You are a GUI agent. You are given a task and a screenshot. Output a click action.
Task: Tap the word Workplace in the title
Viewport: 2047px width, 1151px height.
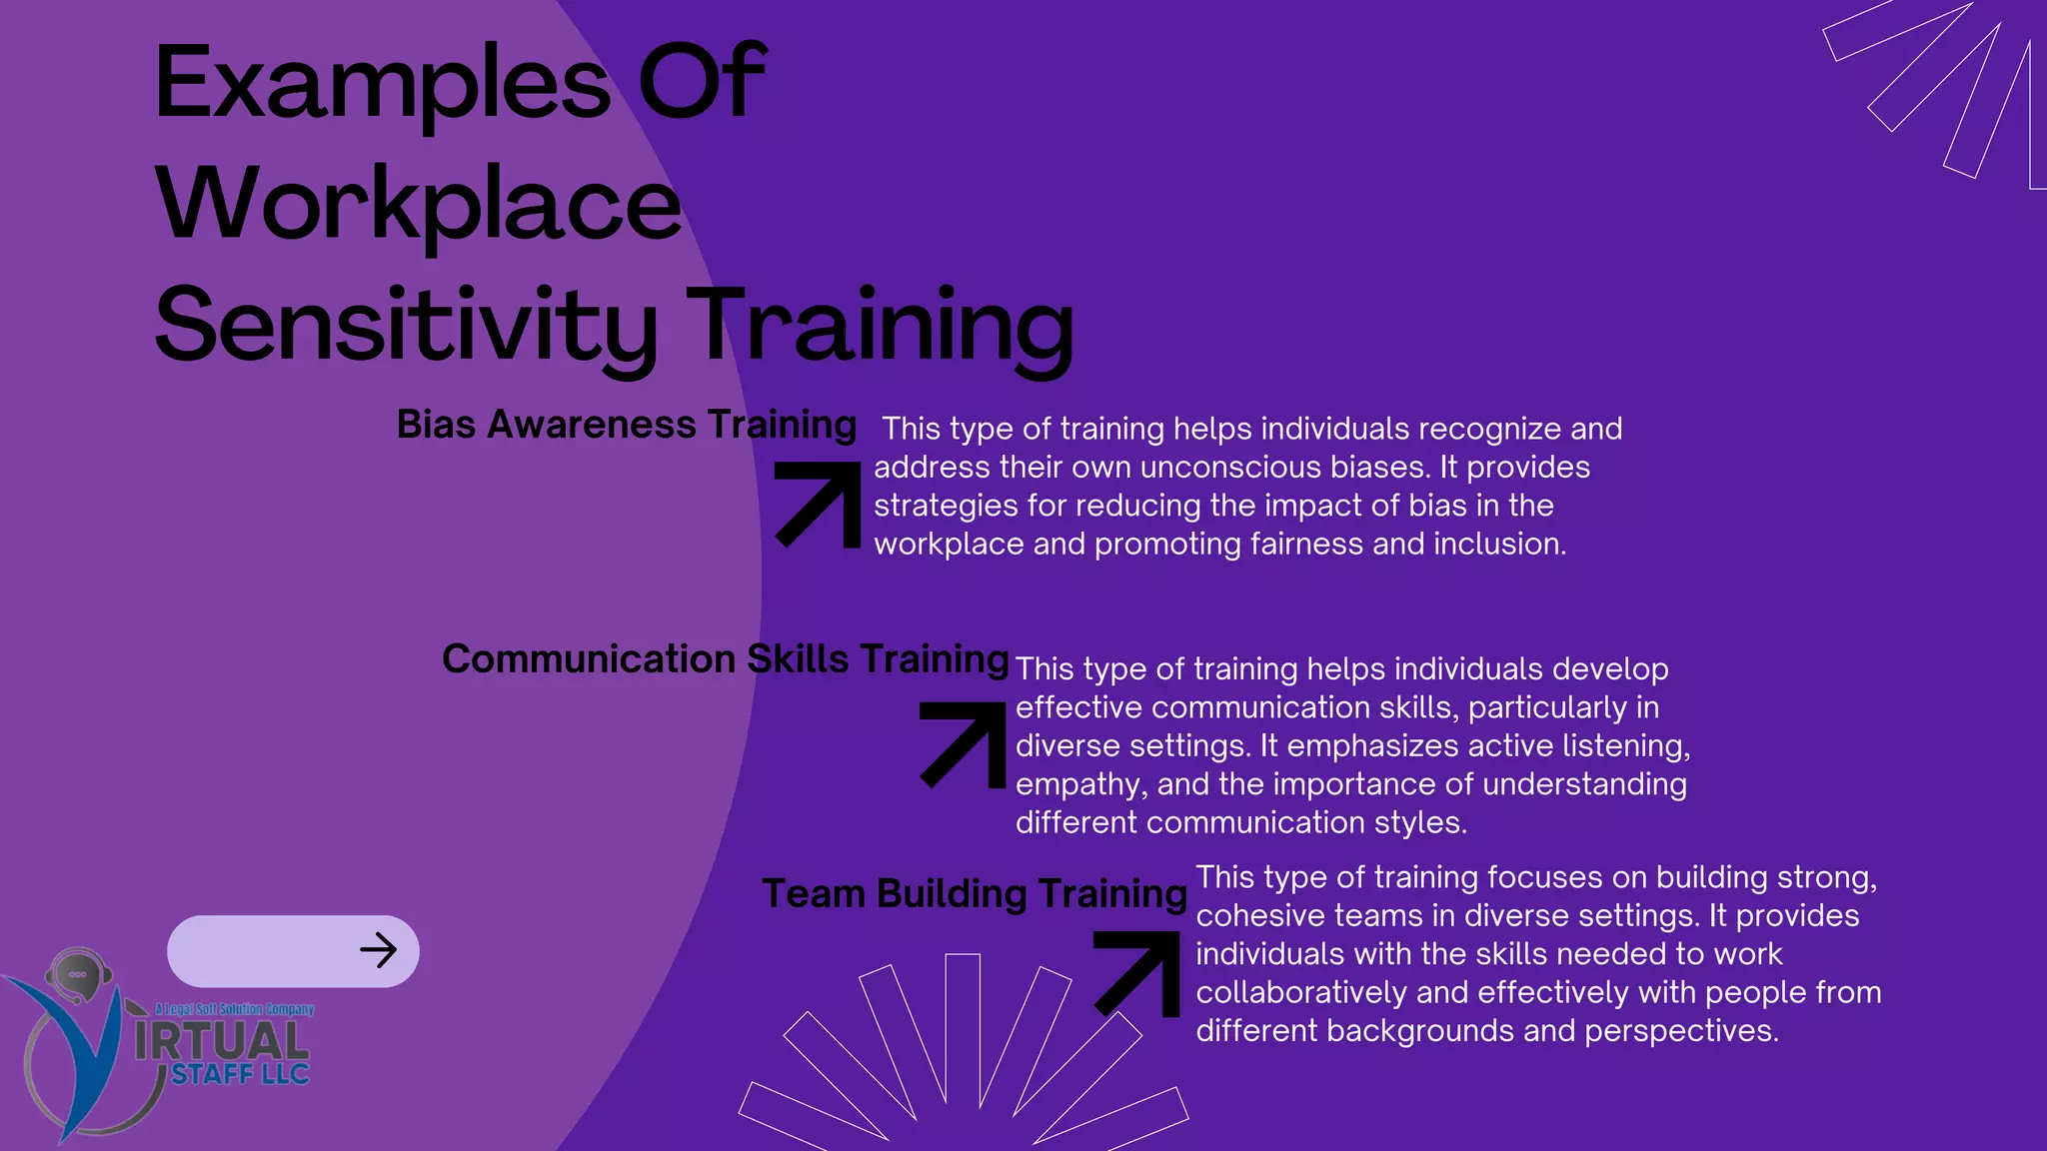[x=418, y=206]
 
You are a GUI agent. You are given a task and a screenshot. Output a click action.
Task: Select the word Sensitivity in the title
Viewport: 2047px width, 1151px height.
[x=406, y=326]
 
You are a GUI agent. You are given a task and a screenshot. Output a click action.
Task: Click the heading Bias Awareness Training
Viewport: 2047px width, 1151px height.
[x=626, y=425]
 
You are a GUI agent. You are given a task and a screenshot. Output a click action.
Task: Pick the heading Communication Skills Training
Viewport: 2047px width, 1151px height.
[x=725, y=659]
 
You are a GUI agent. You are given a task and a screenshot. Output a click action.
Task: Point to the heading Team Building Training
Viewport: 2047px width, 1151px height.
[x=974, y=893]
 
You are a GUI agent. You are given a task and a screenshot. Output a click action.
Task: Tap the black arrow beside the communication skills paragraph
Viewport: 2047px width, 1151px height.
[x=964, y=744]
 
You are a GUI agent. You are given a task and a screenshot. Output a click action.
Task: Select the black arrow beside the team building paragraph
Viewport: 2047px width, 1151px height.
[x=1137, y=973]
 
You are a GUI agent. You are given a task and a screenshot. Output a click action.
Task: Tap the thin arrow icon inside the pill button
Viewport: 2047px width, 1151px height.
[x=378, y=950]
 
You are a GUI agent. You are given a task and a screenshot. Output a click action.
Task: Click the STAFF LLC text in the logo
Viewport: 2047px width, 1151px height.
[x=240, y=1075]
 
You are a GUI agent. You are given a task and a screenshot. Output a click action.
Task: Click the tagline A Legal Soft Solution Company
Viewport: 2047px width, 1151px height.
[x=235, y=1009]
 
